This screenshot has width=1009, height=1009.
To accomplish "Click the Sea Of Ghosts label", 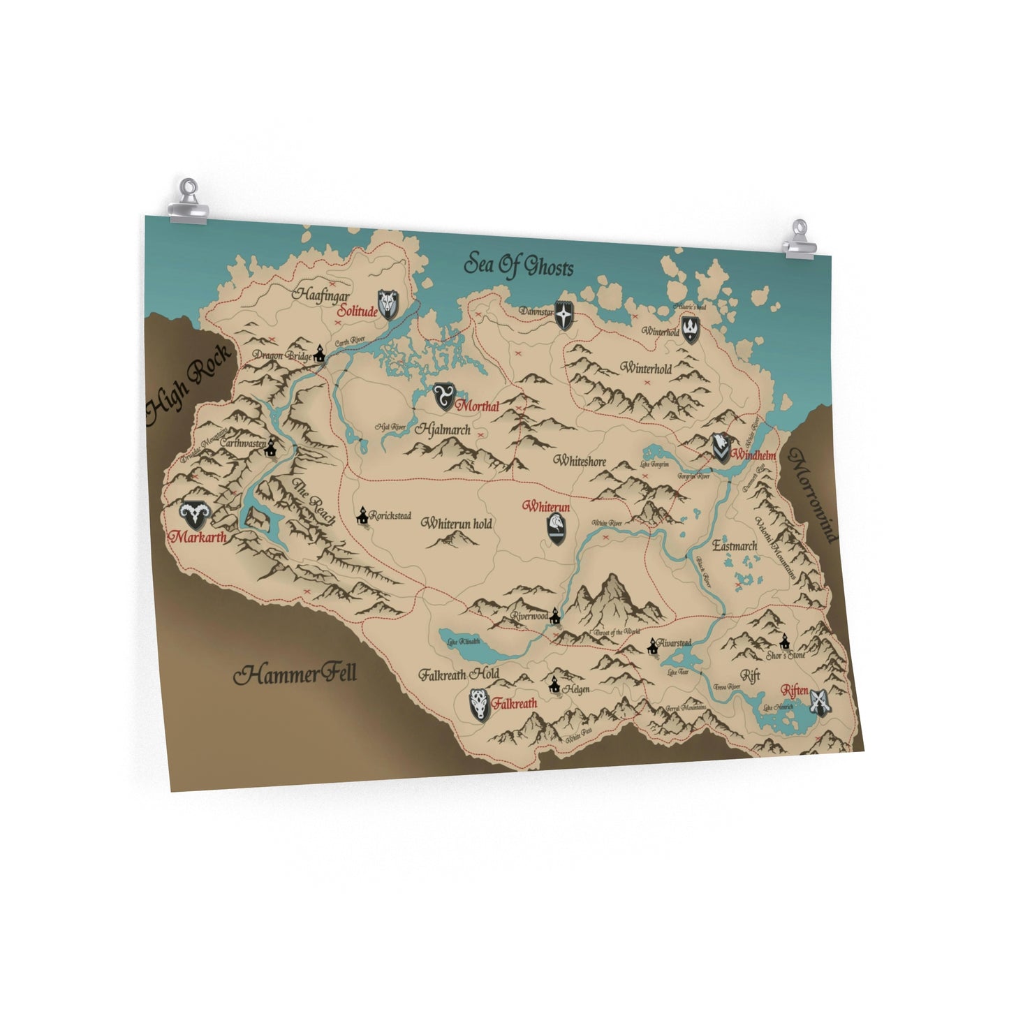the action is click(519, 266).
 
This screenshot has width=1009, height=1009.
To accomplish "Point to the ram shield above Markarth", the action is click(193, 515).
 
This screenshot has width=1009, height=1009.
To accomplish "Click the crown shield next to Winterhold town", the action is click(691, 329).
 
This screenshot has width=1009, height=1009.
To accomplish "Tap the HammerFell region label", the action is click(295, 675).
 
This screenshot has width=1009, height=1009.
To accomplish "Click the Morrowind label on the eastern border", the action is click(813, 495).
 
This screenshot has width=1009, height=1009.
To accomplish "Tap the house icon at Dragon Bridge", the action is click(320, 353).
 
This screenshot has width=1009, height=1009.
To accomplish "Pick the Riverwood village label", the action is click(529, 617).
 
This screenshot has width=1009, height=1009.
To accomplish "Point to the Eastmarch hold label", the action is click(735, 545).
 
